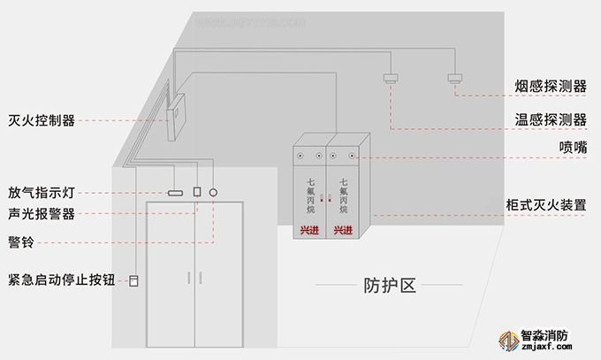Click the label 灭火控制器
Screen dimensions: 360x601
[42, 120]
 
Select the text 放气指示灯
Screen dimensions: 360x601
[42, 192]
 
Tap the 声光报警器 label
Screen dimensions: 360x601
[42, 215]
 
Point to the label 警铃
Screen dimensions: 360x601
[21, 241]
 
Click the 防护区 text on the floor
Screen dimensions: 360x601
[389, 285]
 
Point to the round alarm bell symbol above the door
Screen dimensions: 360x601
[213, 191]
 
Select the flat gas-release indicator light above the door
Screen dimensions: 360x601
[174, 192]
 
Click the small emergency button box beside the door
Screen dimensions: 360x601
[134, 281]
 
